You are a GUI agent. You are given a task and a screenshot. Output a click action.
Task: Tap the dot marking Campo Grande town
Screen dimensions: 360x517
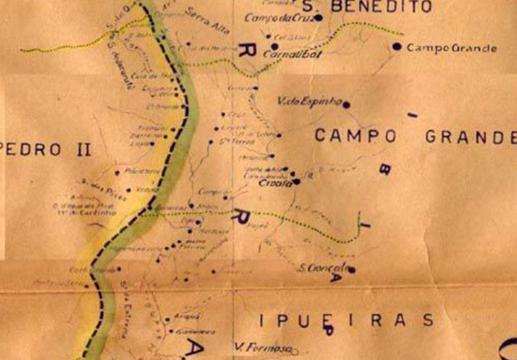pos(397,46)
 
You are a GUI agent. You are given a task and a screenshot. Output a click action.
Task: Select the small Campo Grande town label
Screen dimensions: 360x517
pos(451,48)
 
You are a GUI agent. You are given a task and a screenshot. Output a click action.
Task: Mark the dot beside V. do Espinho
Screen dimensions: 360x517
pos(346,103)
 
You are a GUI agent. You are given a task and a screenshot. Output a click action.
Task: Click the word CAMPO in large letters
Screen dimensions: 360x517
pos(355,136)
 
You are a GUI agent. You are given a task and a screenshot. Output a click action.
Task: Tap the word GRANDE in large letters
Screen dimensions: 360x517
pos(470,137)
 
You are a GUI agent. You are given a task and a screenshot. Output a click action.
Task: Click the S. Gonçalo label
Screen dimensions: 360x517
pos(321,268)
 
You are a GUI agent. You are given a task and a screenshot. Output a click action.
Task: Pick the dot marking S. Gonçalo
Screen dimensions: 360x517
pos(351,269)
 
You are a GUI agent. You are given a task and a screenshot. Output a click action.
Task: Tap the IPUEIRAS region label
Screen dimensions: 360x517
pos(347,320)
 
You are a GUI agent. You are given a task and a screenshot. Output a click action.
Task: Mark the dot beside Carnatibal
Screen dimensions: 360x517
pos(274,46)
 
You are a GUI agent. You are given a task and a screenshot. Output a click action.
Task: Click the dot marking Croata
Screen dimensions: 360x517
pos(296,181)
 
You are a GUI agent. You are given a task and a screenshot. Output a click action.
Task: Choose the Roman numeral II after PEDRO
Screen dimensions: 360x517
pos(82,149)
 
